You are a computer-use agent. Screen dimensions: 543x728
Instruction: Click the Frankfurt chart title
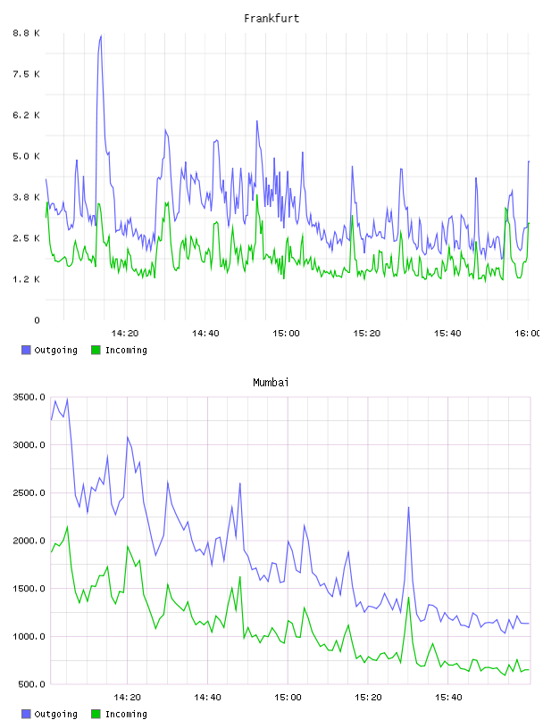[x=271, y=18]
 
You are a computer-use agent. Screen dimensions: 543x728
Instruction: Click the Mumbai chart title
[x=271, y=382]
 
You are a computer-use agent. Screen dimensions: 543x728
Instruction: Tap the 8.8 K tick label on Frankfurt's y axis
[x=27, y=33]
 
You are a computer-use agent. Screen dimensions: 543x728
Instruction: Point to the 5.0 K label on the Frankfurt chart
[x=27, y=156]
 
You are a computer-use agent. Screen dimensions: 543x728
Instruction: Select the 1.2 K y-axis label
[x=27, y=279]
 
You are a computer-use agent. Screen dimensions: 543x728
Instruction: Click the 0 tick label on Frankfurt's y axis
[x=37, y=320]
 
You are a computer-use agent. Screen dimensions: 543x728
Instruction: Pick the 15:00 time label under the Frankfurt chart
[x=286, y=333]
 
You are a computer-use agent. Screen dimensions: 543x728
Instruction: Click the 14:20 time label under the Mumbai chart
[x=127, y=697]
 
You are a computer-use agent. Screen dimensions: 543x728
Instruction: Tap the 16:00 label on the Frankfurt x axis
[x=528, y=333]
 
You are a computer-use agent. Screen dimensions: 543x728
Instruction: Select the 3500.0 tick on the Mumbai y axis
[x=29, y=397]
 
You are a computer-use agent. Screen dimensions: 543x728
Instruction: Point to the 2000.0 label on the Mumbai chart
[x=29, y=541]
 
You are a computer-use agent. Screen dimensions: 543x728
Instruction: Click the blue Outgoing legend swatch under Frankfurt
[x=26, y=350]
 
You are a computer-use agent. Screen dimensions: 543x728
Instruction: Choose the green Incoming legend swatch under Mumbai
[x=96, y=714]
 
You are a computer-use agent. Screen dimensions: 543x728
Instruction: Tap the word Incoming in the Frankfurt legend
[x=126, y=350]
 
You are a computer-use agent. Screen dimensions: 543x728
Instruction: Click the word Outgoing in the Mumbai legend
[x=55, y=714]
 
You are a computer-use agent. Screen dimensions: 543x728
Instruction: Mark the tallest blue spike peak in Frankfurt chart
[x=101, y=36]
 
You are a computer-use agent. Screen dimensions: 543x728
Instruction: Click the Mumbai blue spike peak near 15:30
[x=409, y=508]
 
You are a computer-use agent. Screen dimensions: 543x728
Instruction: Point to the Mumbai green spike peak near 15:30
[x=409, y=598]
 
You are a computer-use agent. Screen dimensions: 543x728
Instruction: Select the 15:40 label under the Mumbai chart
[x=448, y=697]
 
